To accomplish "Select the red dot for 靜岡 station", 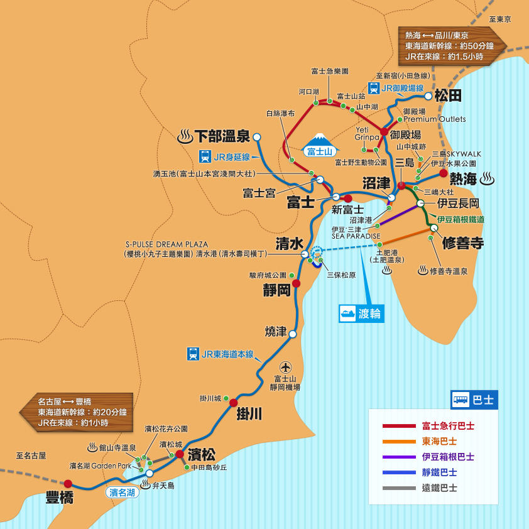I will pyautogui.click(x=296, y=283).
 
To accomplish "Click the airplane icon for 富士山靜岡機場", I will pyautogui.click(x=286, y=366).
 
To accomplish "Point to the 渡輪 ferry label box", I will pyautogui.click(x=361, y=313).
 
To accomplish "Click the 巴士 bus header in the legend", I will pyautogui.click(x=474, y=399).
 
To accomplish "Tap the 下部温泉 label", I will pyautogui.click(x=222, y=136).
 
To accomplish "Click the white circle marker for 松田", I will pyautogui.click(x=428, y=96).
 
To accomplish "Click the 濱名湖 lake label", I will pyautogui.click(x=122, y=493).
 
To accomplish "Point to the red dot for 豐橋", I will pyautogui.click(x=68, y=484).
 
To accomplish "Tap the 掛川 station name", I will pyautogui.click(x=249, y=414).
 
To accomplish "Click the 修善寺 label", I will pyautogui.click(x=462, y=243).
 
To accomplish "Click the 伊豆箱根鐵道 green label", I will pyautogui.click(x=461, y=219).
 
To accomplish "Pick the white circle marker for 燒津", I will pyautogui.click(x=292, y=334).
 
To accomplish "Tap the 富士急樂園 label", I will pyautogui.click(x=329, y=72).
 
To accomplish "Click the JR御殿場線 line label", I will pyautogui.click(x=396, y=88).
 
